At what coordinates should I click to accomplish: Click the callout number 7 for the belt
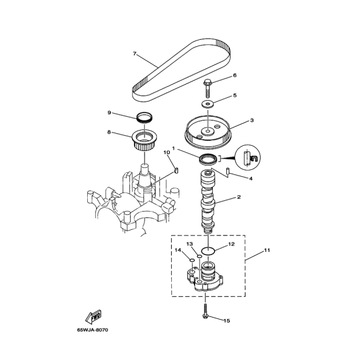pos(135,54)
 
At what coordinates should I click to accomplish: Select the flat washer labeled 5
pos(208,104)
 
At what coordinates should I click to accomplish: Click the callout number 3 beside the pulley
pos(252,120)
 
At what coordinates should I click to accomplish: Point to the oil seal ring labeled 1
pos(208,159)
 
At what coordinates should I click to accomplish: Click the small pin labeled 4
pos(227,171)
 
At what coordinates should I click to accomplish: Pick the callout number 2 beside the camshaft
pos(239,197)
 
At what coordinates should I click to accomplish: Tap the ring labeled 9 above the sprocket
pos(145,117)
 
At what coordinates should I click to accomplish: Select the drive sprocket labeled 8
pos(145,140)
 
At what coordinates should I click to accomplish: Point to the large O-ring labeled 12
pos(208,251)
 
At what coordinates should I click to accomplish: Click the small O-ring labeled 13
pos(200,256)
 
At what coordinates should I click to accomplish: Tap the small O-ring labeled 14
pos(192,260)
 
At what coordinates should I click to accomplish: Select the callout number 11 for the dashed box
pos(267,250)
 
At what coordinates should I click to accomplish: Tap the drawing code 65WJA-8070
pos(92,330)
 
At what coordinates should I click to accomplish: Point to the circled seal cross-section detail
pos(248,157)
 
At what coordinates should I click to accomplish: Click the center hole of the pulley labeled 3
pos(208,131)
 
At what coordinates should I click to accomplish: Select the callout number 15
pos(227,320)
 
